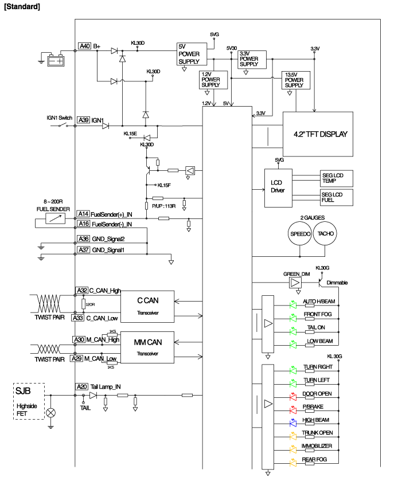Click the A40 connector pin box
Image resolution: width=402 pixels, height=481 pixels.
click(84, 46)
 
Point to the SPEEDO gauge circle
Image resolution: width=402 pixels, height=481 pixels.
click(300, 234)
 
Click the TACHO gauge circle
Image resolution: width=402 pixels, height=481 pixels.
click(326, 234)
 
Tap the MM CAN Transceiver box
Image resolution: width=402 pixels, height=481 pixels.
click(147, 347)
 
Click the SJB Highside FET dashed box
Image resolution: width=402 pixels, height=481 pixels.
click(28, 401)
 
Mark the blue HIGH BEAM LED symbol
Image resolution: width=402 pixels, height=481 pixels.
click(293, 421)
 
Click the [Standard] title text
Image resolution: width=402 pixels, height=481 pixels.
click(22, 7)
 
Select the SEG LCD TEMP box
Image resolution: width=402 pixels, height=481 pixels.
click(336, 177)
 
